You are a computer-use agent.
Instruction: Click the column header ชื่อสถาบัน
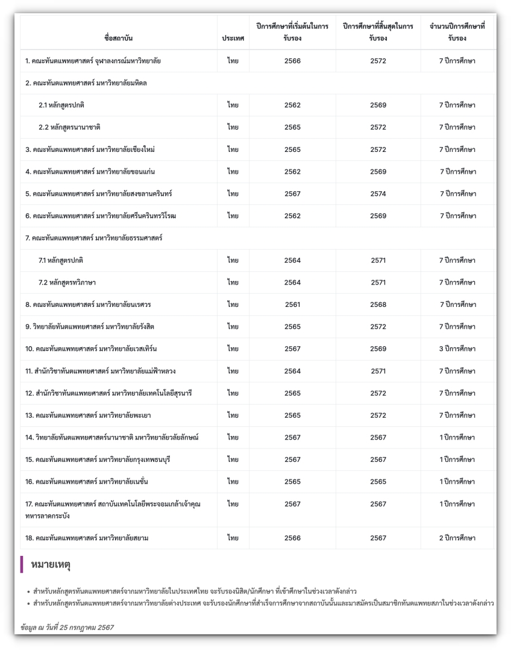click(118, 39)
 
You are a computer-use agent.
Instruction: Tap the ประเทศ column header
click(233, 39)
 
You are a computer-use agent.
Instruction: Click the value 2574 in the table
click(378, 194)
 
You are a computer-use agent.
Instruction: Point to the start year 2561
click(292, 304)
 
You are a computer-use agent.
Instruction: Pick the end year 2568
click(378, 304)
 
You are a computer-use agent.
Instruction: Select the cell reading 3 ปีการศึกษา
click(457, 349)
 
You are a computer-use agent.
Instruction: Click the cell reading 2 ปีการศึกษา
click(457, 538)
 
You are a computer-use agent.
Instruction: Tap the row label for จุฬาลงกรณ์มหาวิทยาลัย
click(93, 61)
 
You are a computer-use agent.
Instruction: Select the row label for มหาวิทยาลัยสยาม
click(87, 538)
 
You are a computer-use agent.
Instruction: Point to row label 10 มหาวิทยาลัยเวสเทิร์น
click(91, 349)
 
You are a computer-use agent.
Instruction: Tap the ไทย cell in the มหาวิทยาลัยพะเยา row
click(233, 415)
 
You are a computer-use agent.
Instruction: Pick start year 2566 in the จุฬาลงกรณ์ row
click(292, 61)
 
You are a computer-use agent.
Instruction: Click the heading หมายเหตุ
click(51, 565)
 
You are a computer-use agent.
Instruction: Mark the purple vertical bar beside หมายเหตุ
click(22, 564)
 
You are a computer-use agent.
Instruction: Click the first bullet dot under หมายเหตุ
click(29, 592)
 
